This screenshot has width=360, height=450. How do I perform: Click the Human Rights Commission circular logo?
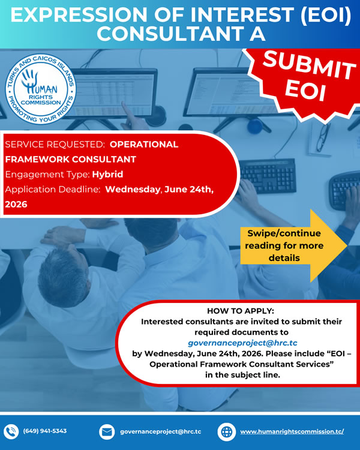point(41,89)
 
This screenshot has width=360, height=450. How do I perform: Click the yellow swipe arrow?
point(293,245)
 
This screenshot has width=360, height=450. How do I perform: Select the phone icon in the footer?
point(11,431)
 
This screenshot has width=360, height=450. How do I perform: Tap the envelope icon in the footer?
point(107,431)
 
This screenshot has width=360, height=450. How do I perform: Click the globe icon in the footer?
point(227,432)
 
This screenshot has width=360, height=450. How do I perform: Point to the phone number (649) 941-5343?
point(45,431)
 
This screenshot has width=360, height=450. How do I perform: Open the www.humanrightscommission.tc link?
point(292,431)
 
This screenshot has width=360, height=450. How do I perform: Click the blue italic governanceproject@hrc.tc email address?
point(242,343)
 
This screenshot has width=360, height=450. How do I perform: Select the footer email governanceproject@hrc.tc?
point(160,431)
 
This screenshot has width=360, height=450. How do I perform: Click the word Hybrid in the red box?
point(107,175)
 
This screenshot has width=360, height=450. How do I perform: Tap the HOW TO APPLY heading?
point(241,311)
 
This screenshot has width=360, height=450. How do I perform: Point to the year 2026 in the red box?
point(16,205)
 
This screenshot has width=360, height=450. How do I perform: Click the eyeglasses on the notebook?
point(323,137)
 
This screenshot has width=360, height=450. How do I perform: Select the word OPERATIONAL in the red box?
point(144,144)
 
